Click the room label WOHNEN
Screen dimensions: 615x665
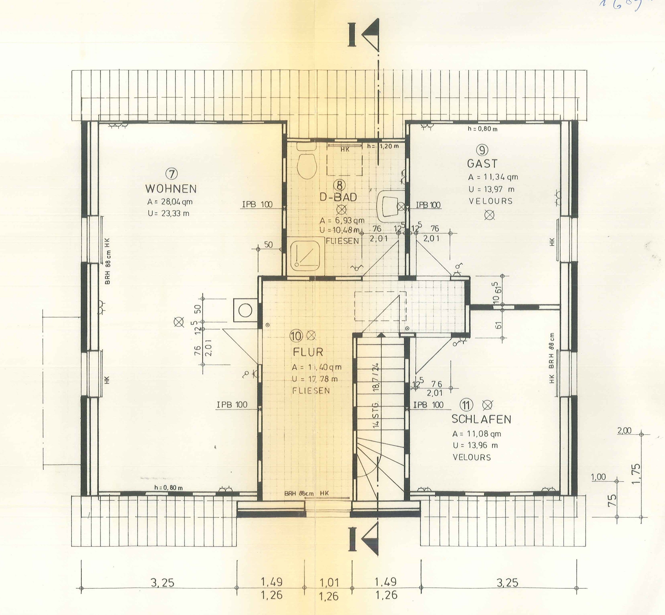171,189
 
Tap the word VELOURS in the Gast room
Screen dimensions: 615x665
490,201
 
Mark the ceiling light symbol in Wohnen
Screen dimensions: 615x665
179,322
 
